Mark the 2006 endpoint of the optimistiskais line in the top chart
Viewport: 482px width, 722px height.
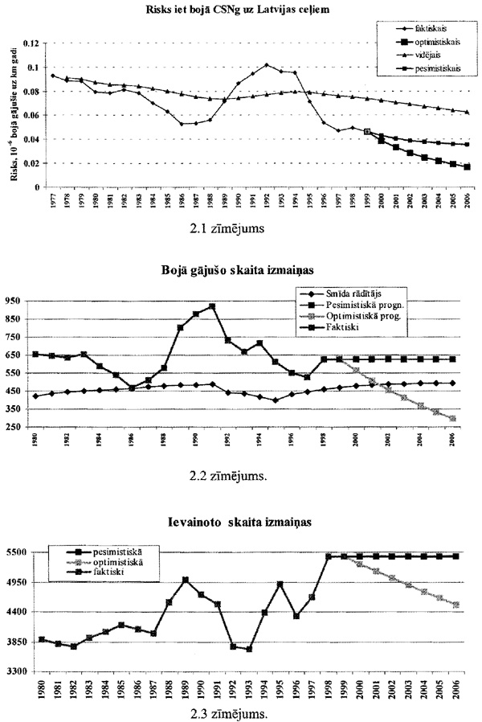468,166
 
